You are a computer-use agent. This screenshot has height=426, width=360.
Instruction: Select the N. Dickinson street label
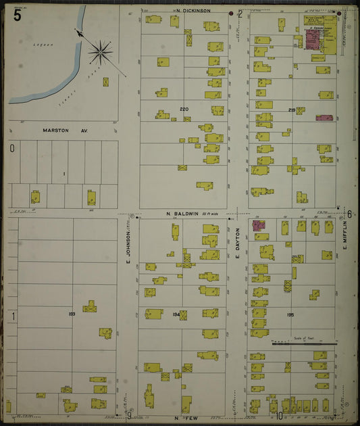click(x=191, y=11)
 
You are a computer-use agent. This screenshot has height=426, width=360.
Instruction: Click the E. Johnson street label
click(x=127, y=249)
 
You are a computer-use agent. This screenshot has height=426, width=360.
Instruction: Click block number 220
click(x=184, y=109)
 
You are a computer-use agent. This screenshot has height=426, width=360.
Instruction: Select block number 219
click(x=292, y=110)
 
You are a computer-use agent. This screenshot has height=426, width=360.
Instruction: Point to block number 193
click(x=72, y=314)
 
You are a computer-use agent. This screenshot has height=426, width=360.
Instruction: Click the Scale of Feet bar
click(x=304, y=344)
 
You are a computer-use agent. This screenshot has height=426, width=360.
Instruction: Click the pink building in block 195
click(x=259, y=225)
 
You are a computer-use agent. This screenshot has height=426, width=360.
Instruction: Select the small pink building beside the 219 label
click(x=324, y=118)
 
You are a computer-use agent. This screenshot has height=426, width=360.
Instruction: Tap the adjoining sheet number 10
click(x=279, y=416)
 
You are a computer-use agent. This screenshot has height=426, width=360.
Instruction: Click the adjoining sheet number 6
click(x=350, y=214)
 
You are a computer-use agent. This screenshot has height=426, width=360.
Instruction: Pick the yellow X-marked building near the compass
click(x=106, y=82)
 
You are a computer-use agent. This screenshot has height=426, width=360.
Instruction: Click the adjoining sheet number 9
click(x=130, y=414)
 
